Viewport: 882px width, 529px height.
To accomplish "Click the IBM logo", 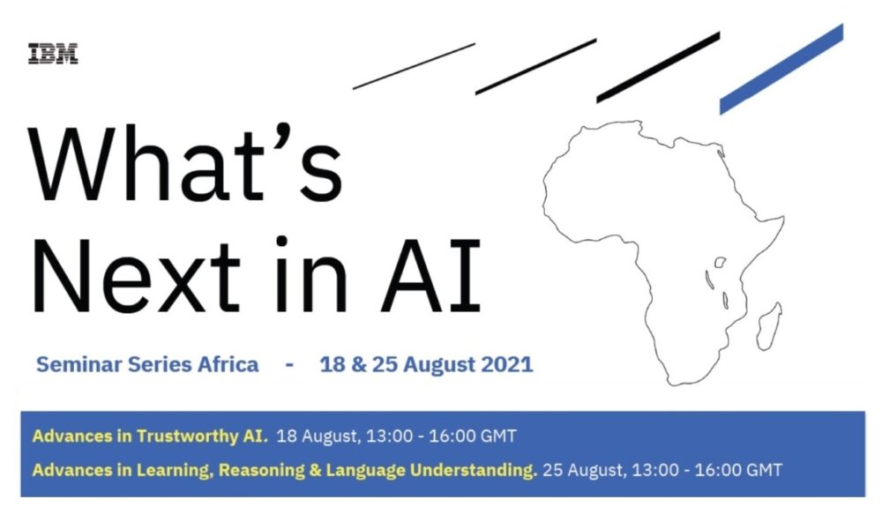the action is click(x=53, y=54).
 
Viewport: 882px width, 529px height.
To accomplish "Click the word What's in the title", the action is click(x=185, y=163).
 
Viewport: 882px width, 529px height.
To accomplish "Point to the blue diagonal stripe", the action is click(x=781, y=69).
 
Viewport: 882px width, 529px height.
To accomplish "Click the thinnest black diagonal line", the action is click(x=414, y=66).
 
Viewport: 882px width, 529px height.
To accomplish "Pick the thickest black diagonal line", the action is click(x=658, y=68).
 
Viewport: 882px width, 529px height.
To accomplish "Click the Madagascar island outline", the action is click(x=769, y=326).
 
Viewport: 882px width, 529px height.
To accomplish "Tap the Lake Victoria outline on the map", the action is click(x=720, y=262).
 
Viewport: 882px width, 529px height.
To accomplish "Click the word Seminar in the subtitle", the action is click(x=78, y=364).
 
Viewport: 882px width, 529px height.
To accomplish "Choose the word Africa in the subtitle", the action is click(x=228, y=364).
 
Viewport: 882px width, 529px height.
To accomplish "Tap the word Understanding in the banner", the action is click(x=473, y=470).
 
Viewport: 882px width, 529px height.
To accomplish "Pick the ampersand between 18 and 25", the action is click(x=358, y=364).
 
